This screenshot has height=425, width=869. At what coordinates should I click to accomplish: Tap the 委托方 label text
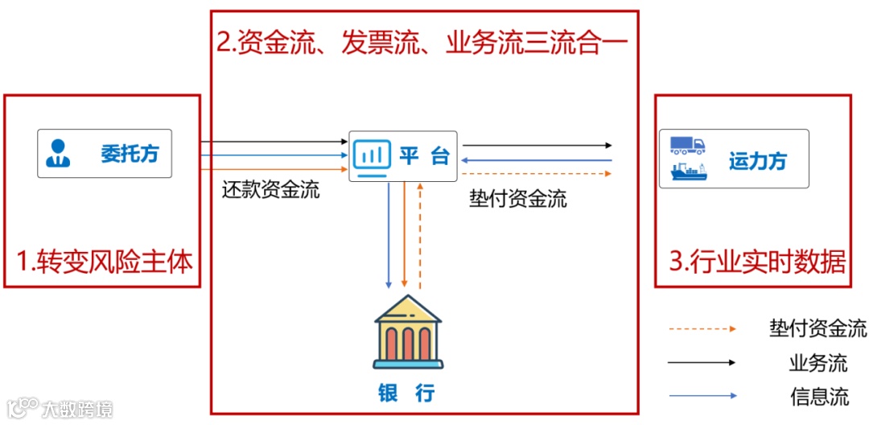130,154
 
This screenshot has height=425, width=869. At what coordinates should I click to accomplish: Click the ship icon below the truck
688,171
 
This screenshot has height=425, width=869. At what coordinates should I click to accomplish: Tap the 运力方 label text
757,161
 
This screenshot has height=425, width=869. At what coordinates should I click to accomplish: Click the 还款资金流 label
270,190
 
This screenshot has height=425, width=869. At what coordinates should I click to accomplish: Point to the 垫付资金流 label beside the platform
517,199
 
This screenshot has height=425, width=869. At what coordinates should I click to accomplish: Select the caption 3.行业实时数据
757,262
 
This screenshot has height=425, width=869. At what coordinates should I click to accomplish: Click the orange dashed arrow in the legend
702,328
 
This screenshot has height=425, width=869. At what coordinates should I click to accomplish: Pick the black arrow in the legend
702,362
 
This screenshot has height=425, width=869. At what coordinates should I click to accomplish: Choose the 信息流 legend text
818,396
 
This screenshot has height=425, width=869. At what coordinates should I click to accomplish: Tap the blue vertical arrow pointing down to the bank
389,235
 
